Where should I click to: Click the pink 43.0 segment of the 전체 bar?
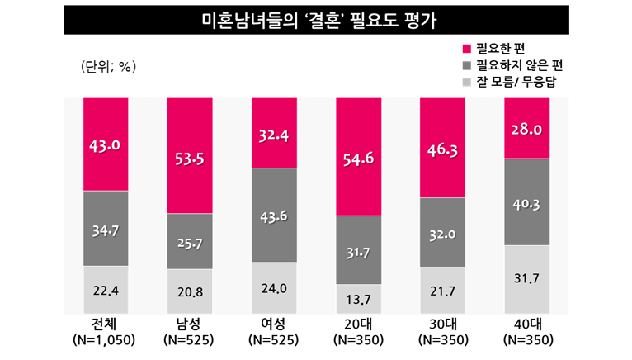[105, 144]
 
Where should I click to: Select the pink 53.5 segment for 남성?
[189, 155]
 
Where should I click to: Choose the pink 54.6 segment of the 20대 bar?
[359, 157]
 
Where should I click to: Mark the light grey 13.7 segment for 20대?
[359, 298]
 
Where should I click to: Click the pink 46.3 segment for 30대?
[443, 148]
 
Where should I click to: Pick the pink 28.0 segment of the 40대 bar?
[527, 128]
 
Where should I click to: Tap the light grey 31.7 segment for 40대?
[527, 279]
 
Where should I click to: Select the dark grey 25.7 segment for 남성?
[189, 241]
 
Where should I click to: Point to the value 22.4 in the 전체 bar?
[105, 288]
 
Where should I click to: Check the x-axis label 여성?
[274, 324]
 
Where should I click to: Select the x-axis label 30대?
[443, 324]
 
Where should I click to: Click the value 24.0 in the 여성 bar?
[274, 289]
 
